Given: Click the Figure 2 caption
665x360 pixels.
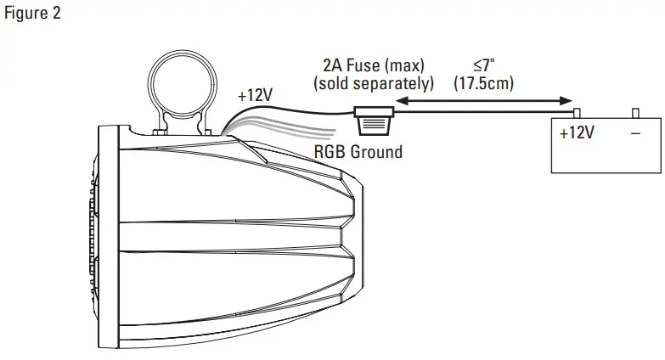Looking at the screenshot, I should click(32, 14).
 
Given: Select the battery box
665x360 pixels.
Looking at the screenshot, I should click(605, 144).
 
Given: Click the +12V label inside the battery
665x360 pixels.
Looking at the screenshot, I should click(577, 133).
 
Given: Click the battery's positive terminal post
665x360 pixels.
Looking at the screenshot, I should click(576, 112).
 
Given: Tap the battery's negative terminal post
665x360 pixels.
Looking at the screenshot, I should click(635, 112).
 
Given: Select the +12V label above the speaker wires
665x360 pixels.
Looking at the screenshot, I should click(255, 96).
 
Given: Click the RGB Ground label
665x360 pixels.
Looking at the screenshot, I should click(358, 153).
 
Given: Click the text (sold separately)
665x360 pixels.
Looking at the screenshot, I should click(374, 84).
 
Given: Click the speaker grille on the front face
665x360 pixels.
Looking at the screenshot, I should click(92, 238).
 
